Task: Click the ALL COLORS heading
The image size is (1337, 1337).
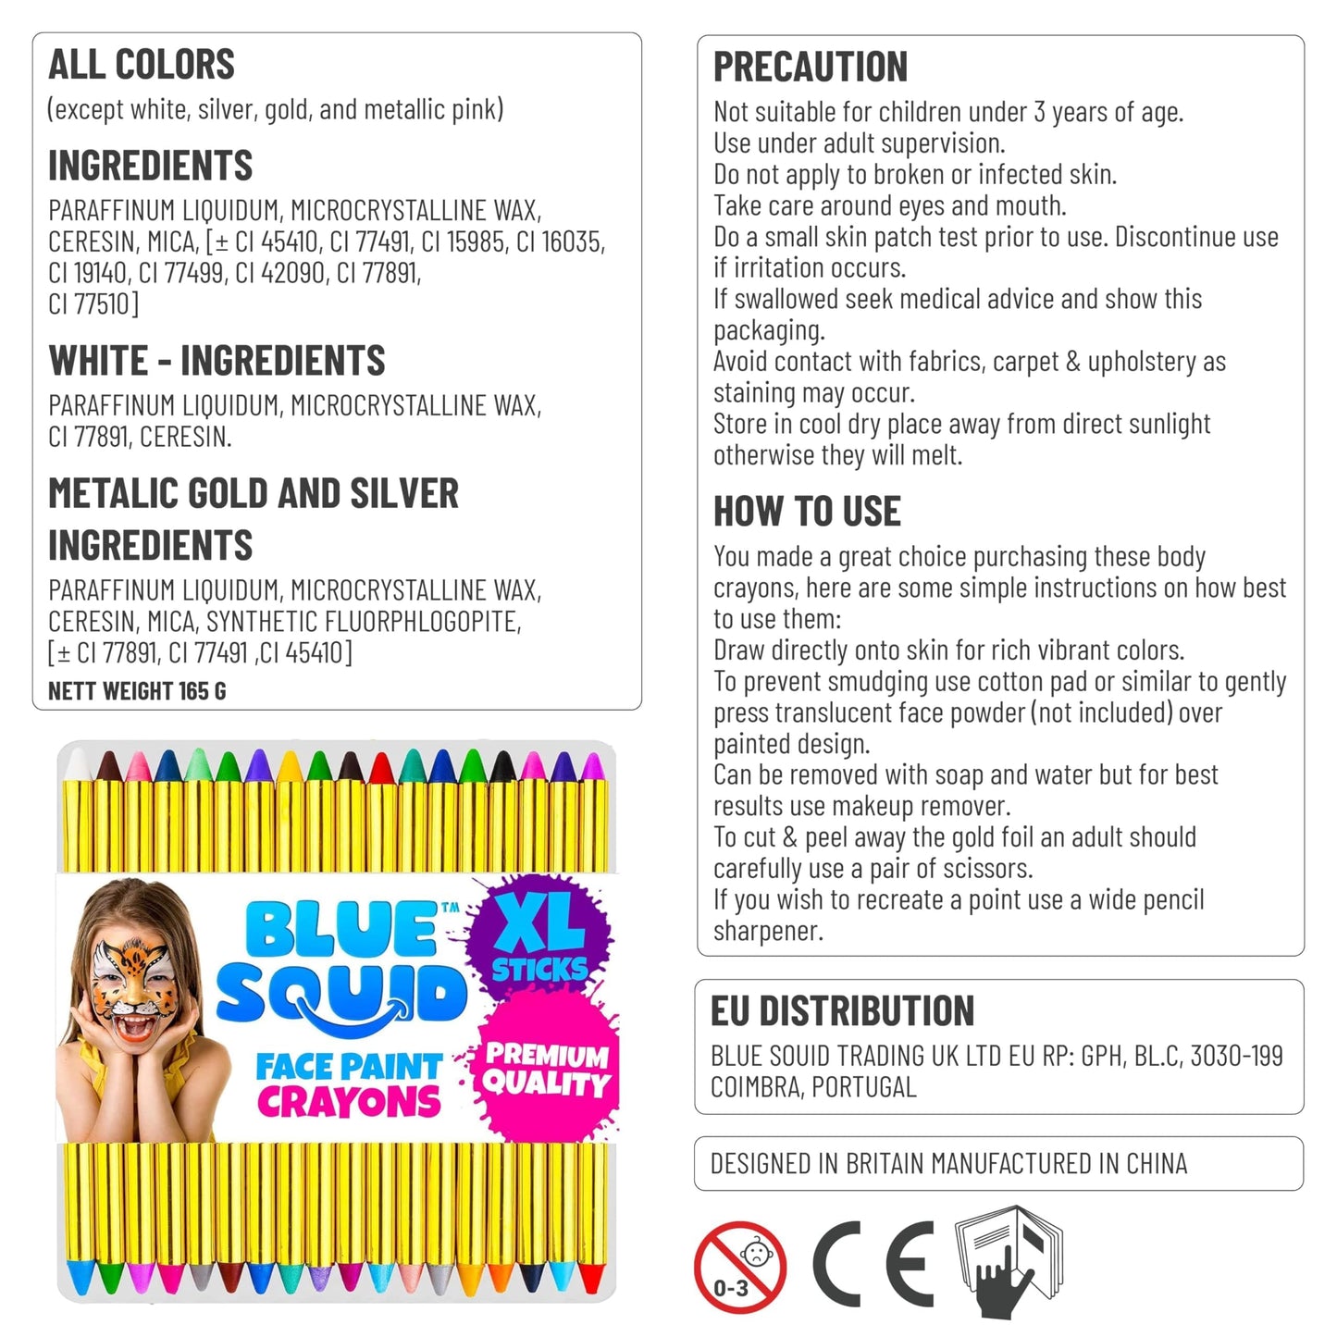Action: click(142, 65)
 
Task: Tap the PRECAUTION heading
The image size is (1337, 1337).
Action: click(811, 68)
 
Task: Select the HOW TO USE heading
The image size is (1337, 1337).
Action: click(807, 512)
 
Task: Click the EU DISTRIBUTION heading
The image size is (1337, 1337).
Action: click(842, 1011)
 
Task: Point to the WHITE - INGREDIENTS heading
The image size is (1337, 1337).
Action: click(217, 361)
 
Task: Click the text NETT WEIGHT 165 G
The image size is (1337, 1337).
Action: click(137, 691)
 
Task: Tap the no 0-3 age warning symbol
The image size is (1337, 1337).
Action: click(740, 1267)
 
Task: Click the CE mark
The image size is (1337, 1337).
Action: click(873, 1264)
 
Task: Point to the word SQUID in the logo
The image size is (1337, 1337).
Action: click(341, 995)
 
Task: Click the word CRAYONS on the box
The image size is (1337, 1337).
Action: click(349, 1102)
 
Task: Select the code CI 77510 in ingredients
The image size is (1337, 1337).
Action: click(93, 304)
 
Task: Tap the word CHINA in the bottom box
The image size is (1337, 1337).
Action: click(1156, 1164)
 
